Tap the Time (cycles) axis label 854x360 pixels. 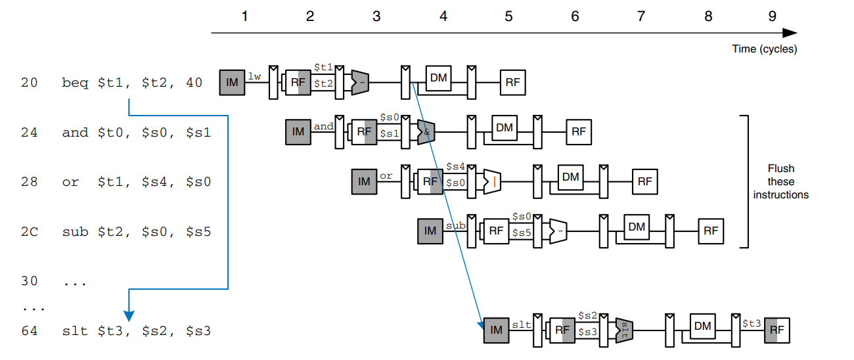point(765,49)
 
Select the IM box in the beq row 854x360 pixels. point(231,82)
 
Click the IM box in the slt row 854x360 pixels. point(496,330)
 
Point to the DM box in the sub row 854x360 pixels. point(636,227)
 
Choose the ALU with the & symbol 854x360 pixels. point(426,132)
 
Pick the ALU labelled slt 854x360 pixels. point(624,330)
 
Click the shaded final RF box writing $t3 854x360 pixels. point(776,330)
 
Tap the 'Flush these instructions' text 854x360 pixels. point(781,181)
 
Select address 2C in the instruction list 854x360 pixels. point(30,231)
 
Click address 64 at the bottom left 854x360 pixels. point(30,330)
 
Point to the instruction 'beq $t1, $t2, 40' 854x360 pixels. point(132,83)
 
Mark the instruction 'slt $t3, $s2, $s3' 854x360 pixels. point(136,330)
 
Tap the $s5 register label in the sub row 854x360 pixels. point(522,232)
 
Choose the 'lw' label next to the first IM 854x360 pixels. point(255,76)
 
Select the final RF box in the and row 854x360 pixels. point(578,131)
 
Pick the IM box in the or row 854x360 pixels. point(364,181)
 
